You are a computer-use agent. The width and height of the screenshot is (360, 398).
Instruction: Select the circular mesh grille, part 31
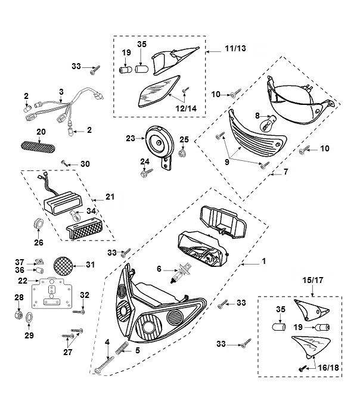click(64, 265)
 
